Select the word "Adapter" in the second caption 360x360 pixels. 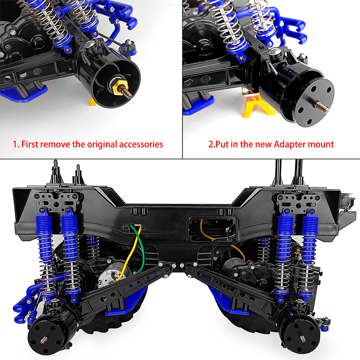[x=290, y=145]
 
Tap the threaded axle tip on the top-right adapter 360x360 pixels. [x=322, y=107]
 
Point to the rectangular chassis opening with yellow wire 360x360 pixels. [x=211, y=229]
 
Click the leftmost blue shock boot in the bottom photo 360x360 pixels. [x=44, y=227]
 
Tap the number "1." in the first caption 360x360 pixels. [x=16, y=144]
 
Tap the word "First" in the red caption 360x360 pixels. [x=30, y=144]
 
